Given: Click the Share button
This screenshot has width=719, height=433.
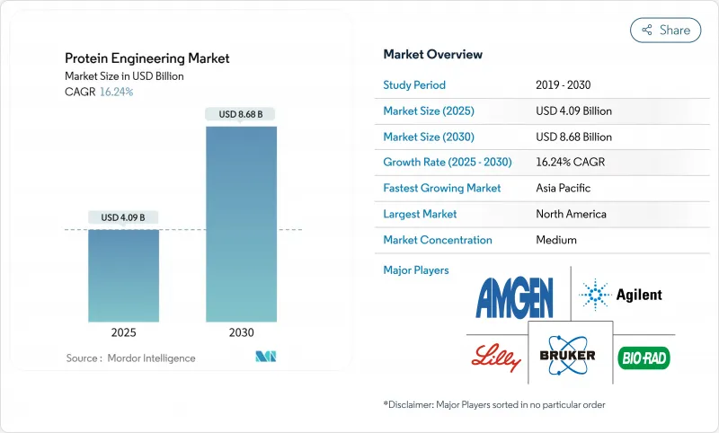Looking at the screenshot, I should pyautogui.click(x=665, y=30).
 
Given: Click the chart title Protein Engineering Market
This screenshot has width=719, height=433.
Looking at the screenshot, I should pyautogui.click(x=147, y=58).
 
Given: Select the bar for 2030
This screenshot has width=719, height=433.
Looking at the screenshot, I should pyautogui.click(x=241, y=224).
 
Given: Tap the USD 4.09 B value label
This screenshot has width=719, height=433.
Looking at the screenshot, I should pyautogui.click(x=123, y=217).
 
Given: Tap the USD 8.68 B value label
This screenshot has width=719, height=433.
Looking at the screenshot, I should pyautogui.click(x=241, y=114).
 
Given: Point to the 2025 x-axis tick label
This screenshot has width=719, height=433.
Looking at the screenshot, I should pyautogui.click(x=123, y=332).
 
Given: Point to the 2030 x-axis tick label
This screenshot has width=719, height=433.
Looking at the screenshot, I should pyautogui.click(x=241, y=332).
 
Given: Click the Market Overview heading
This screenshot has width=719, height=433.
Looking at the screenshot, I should pyautogui.click(x=432, y=55).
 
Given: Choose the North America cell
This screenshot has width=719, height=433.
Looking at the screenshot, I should pyautogui.click(x=571, y=214).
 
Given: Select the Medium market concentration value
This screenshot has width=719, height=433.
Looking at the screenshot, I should pyautogui.click(x=556, y=240).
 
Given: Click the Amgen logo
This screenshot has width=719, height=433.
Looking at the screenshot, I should pyautogui.click(x=515, y=296).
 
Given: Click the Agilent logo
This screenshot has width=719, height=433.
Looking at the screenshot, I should pyautogui.click(x=621, y=295).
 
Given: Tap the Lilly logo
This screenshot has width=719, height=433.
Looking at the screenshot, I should pyautogui.click(x=495, y=358).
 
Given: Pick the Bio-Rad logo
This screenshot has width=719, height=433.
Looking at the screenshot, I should pyautogui.click(x=644, y=358).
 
